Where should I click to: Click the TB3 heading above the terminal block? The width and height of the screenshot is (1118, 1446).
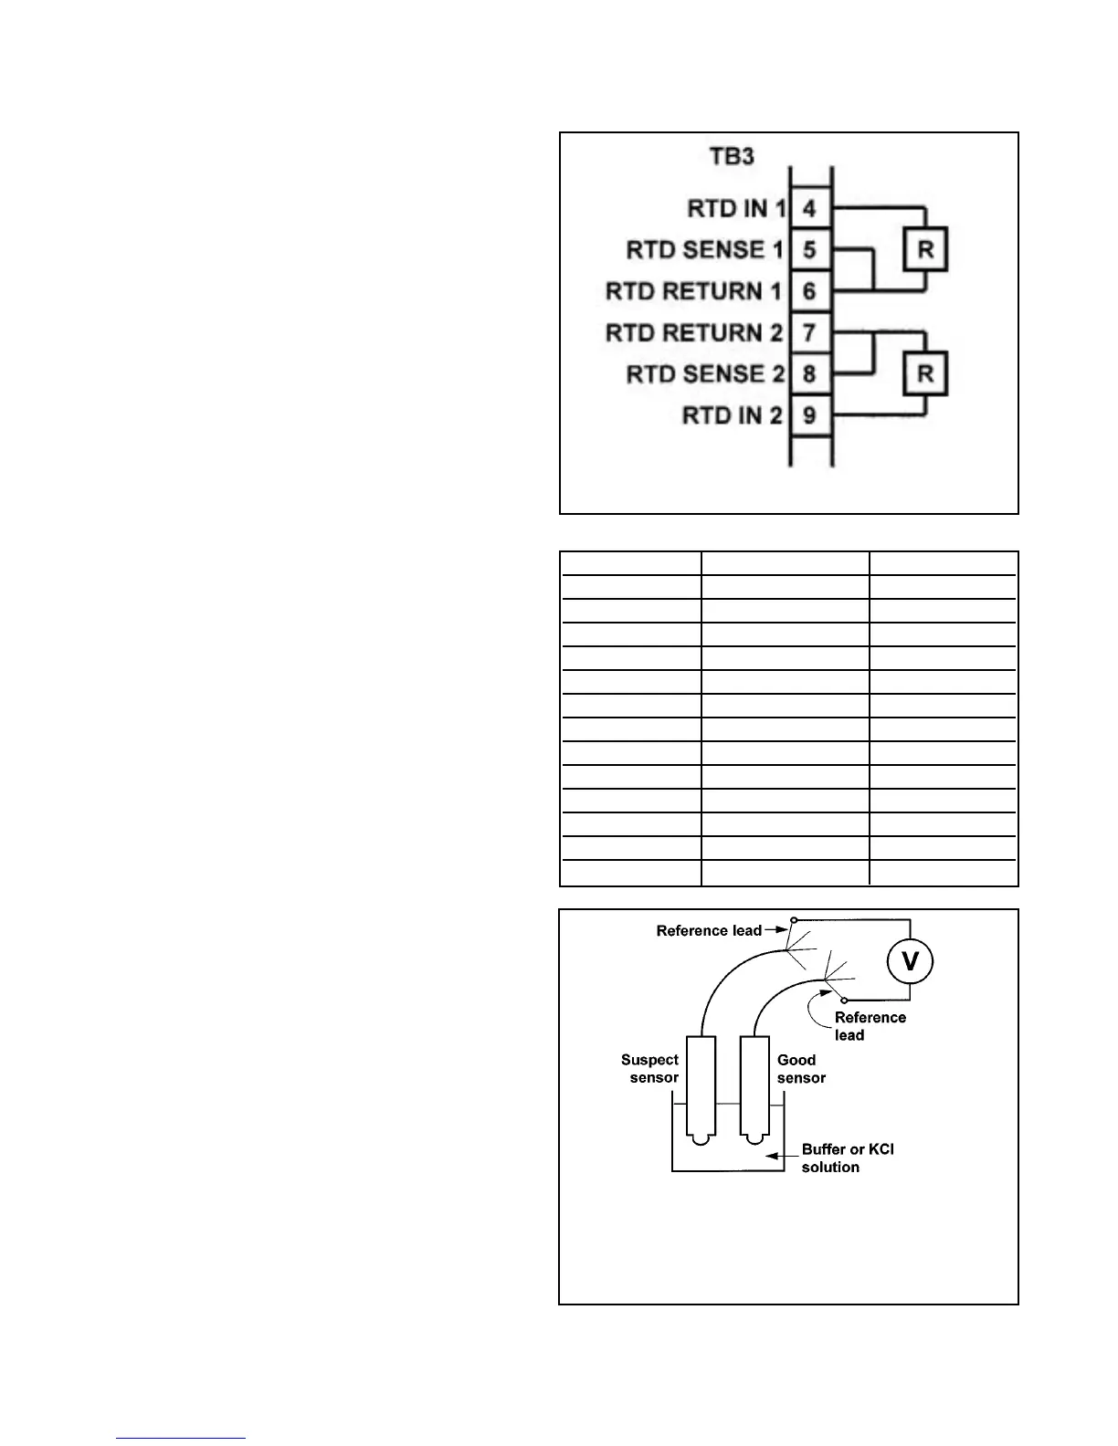coord(733,156)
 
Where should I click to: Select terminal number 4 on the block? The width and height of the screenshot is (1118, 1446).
coord(809,208)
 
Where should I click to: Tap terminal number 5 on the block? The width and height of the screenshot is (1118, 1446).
coord(809,249)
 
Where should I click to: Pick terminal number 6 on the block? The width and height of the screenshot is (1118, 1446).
coord(809,291)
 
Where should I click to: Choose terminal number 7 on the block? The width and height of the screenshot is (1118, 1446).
coord(809,332)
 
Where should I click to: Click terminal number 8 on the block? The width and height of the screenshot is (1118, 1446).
coord(809,374)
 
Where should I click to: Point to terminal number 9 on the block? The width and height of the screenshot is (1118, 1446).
coord(809,415)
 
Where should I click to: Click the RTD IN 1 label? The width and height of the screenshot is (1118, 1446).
coord(736,208)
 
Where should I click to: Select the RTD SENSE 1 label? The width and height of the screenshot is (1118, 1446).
coord(705,249)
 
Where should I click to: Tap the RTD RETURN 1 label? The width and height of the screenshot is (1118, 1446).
coord(694,291)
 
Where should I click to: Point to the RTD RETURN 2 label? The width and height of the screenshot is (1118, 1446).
coord(694,332)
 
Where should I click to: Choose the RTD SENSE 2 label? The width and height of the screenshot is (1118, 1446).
coord(705,374)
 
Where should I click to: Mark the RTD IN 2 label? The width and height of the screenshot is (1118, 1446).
coord(733,415)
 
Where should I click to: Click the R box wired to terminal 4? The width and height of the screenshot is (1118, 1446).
coord(925,250)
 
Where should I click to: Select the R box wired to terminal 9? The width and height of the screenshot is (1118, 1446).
coord(925,374)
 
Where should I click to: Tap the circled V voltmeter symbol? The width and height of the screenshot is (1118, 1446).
coord(911,960)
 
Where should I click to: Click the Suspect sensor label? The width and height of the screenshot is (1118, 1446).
coord(650,1069)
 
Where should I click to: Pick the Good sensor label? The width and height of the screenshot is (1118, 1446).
coord(801,1069)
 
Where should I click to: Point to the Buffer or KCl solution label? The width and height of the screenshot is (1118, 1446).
coord(847,1158)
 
